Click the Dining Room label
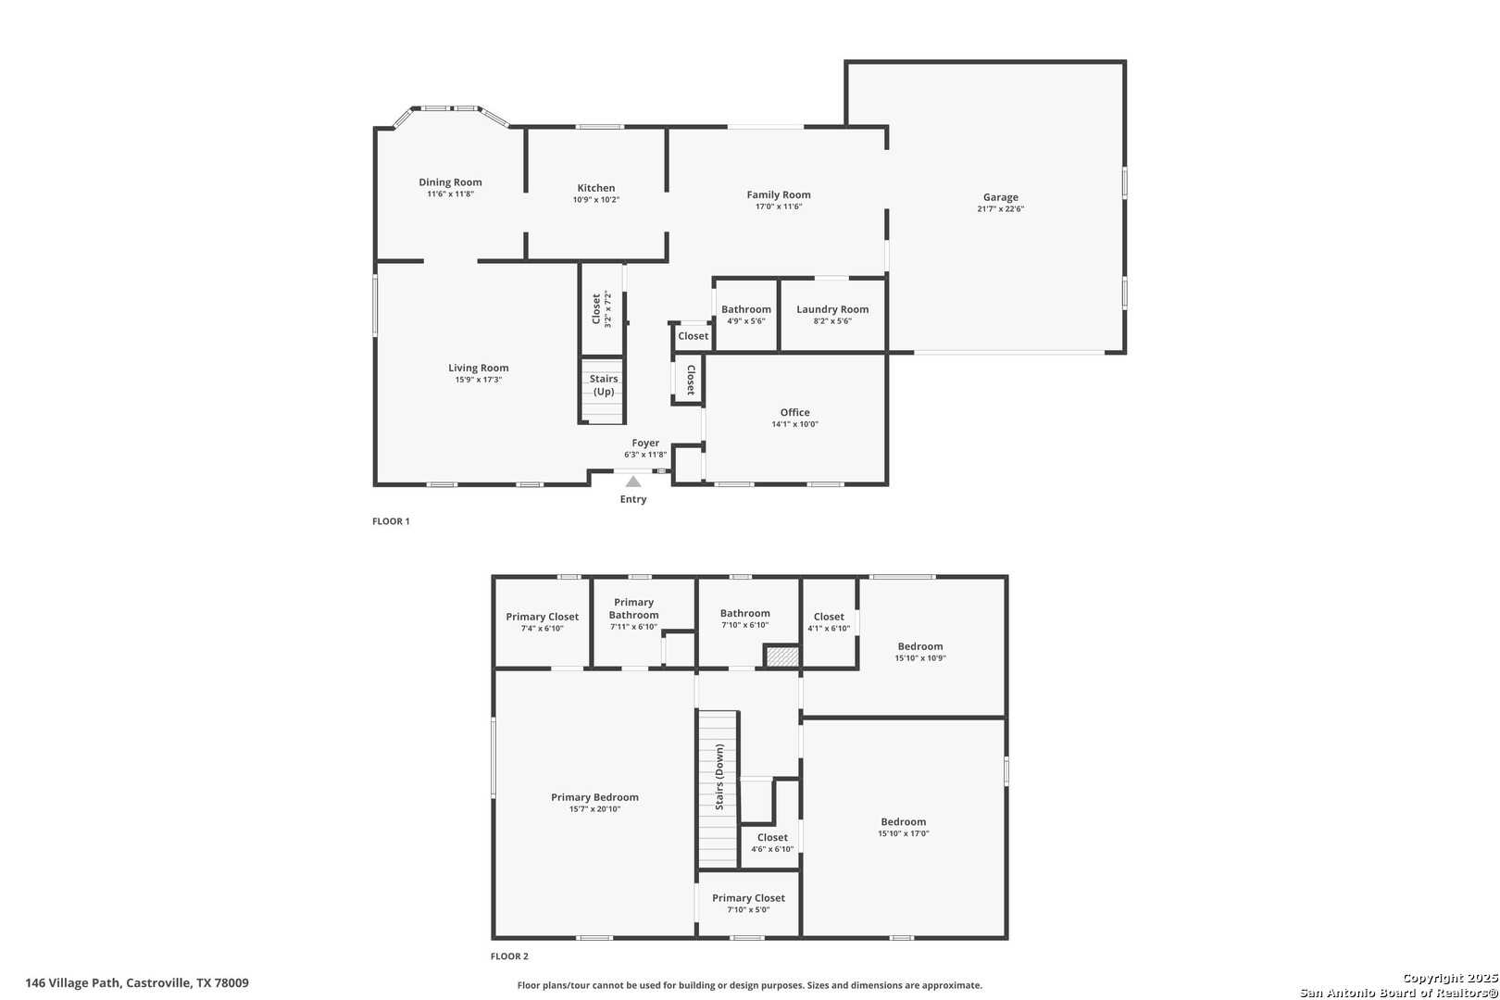click(x=450, y=182)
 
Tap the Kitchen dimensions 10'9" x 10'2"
click(x=596, y=200)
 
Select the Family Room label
click(x=779, y=195)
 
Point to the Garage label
click(x=1000, y=197)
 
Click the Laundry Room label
click(x=832, y=309)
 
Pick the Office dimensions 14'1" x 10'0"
click(x=794, y=424)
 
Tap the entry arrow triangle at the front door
click(x=632, y=481)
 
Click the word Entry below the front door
click(x=632, y=499)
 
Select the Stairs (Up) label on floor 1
click(x=604, y=385)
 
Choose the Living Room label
click(x=478, y=368)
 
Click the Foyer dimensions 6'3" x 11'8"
click(x=645, y=455)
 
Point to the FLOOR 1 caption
click(x=391, y=521)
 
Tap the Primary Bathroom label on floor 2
click(x=633, y=609)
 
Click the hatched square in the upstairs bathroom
click(x=782, y=656)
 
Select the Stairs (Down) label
click(x=719, y=776)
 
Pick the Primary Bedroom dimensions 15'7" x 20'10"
click(x=594, y=809)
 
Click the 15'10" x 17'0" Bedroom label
click(x=904, y=822)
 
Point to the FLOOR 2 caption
click(x=509, y=956)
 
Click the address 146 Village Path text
click(x=73, y=982)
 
